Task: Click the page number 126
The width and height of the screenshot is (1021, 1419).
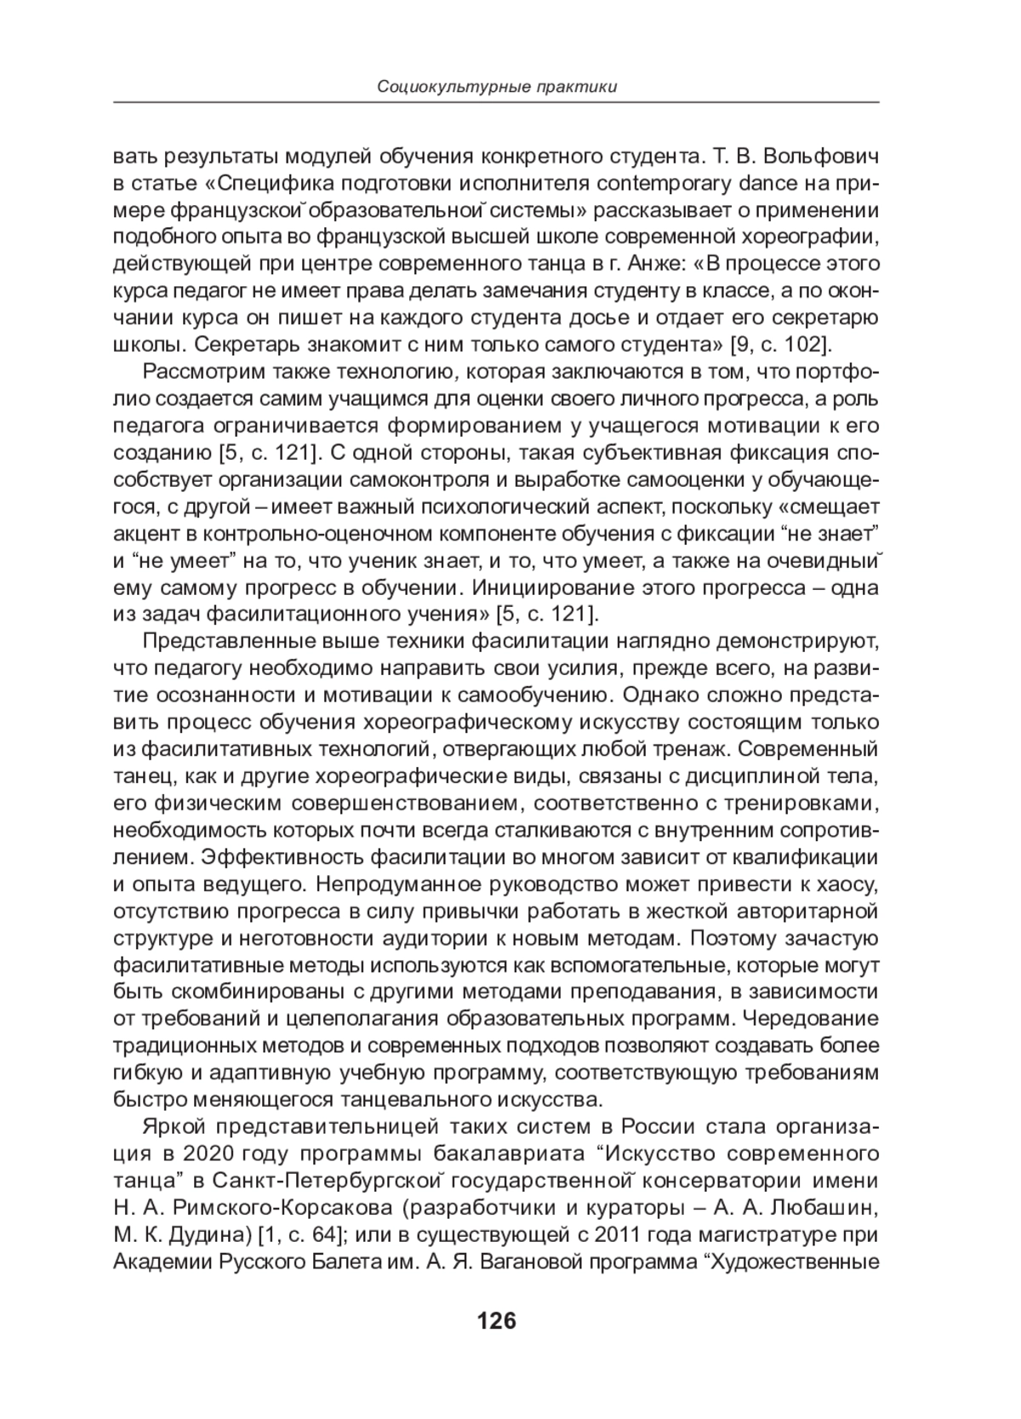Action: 497,1320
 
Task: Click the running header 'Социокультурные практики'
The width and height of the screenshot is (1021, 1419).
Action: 497,87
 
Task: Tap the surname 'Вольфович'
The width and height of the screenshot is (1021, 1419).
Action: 824,157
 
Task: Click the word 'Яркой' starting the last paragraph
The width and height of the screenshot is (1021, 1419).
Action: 175,1126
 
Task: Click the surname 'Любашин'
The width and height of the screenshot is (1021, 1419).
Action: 836,1207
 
